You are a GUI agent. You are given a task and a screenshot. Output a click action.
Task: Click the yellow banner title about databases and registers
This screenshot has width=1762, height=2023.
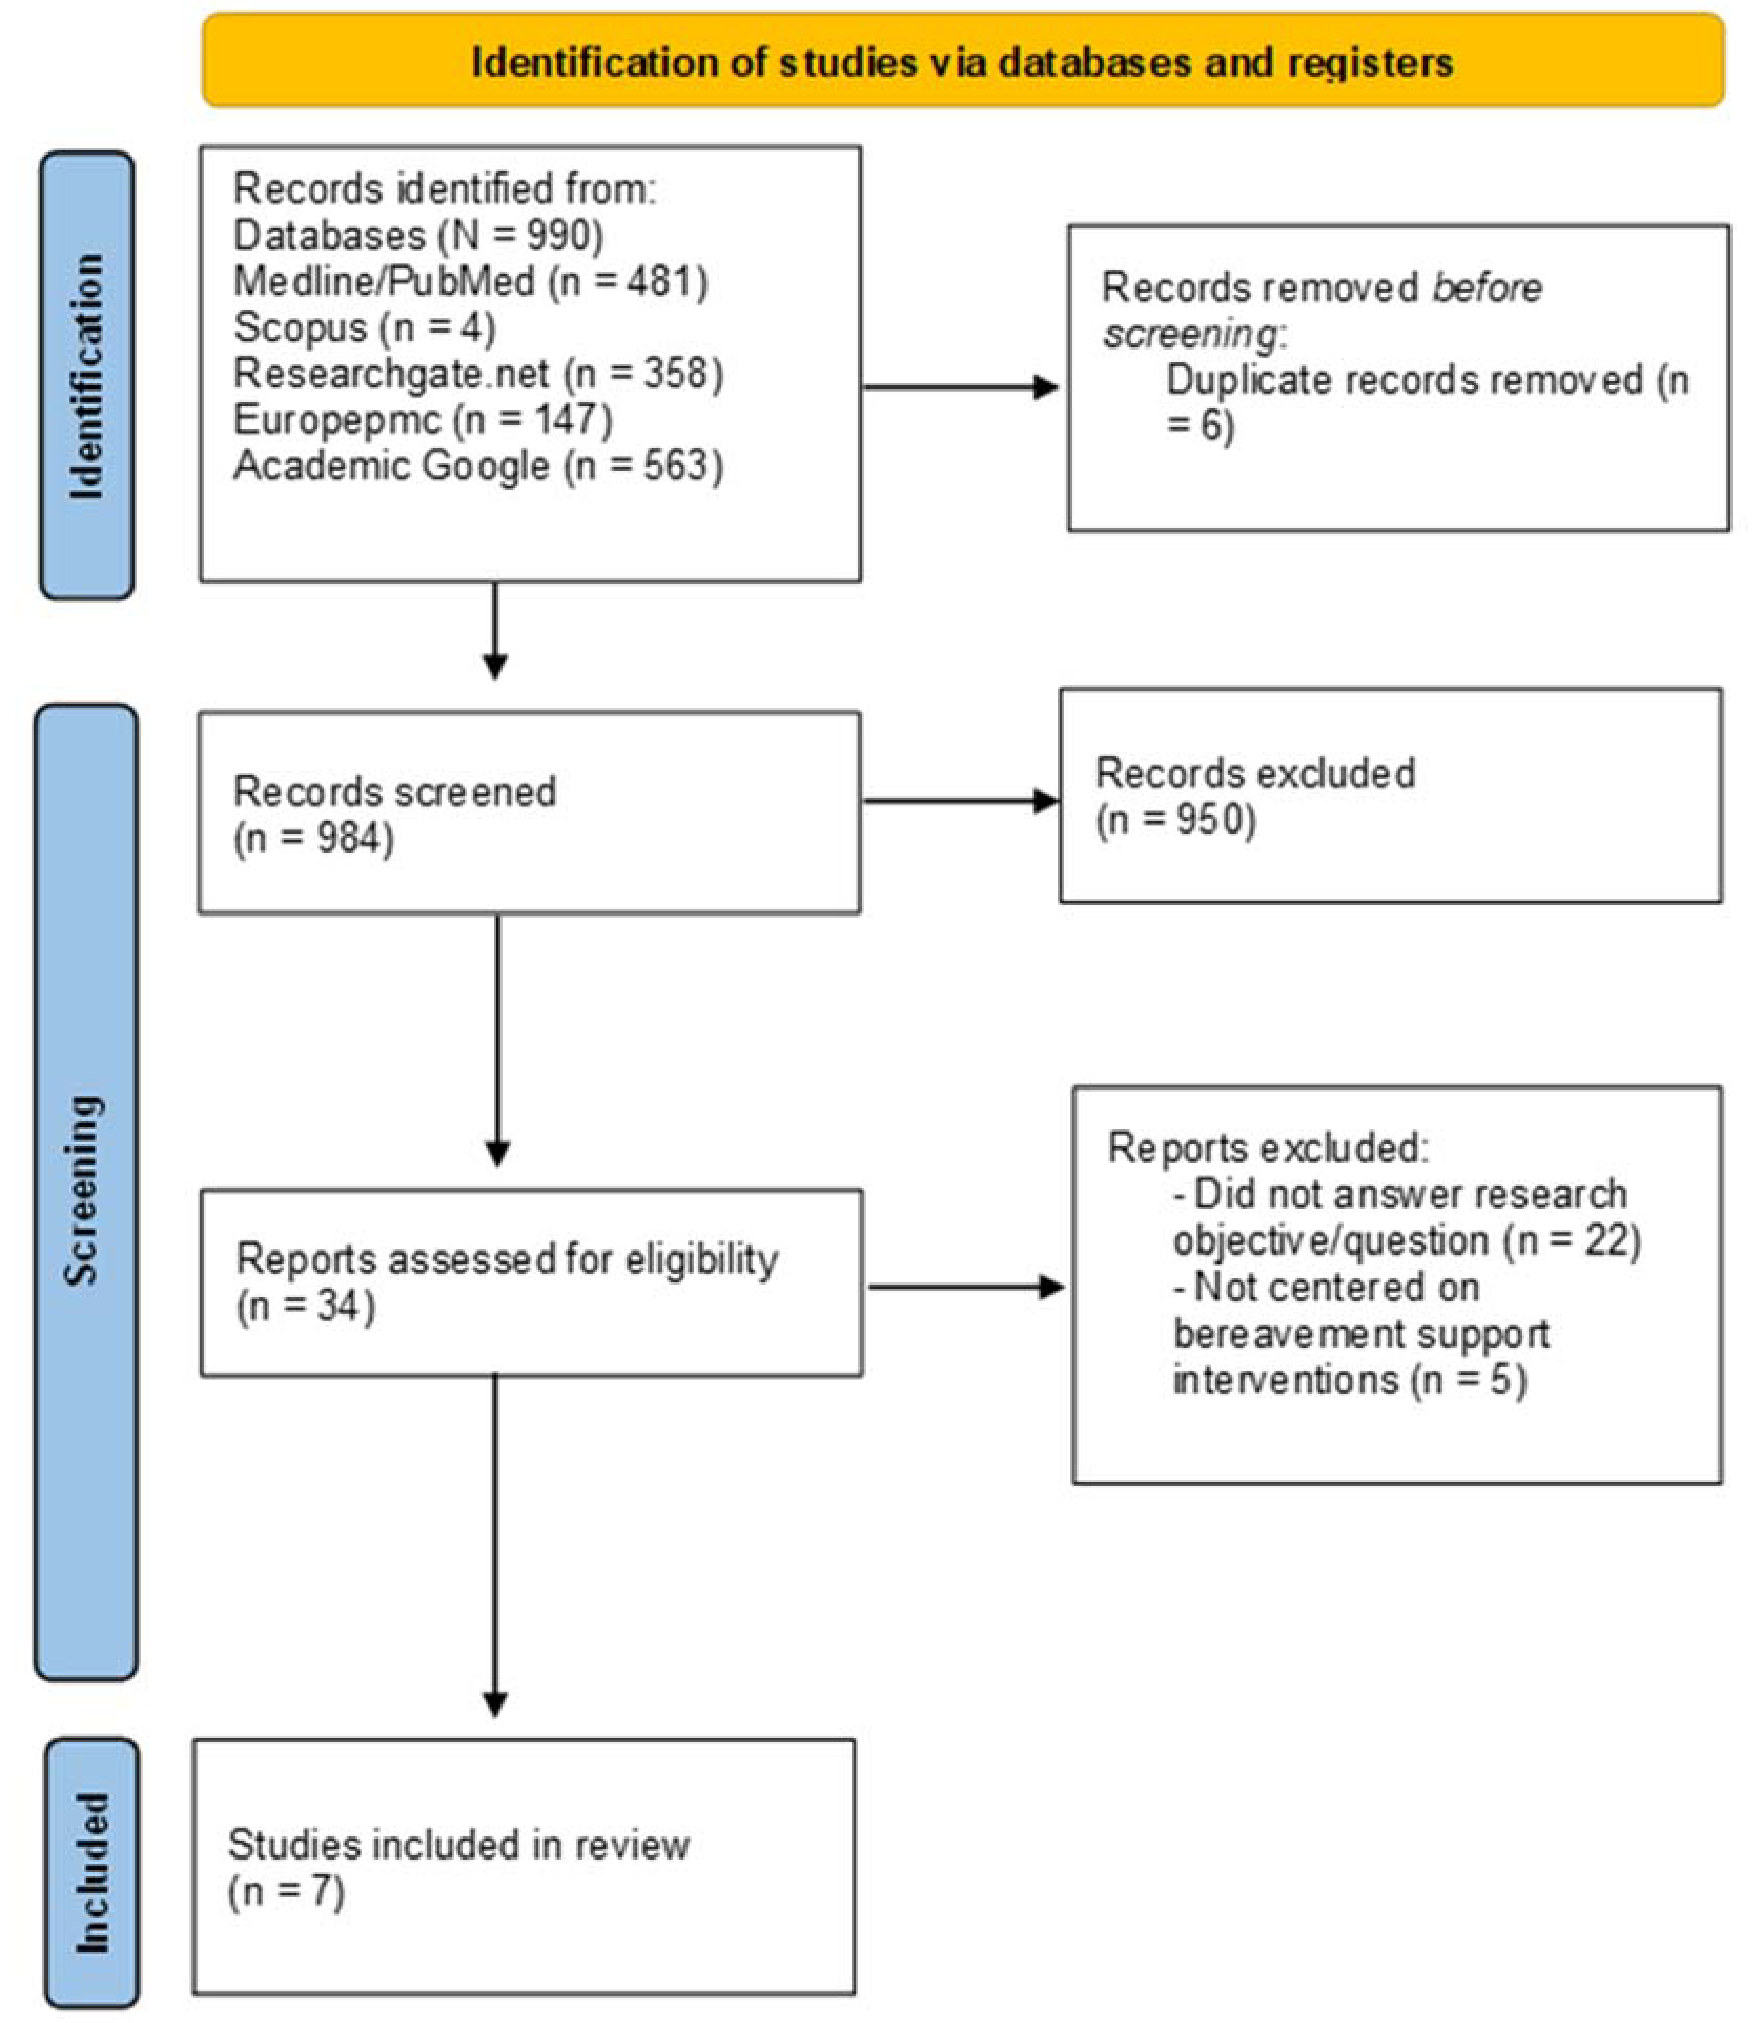(x=961, y=62)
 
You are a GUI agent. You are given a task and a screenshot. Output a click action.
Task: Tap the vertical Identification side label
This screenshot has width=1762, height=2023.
(x=87, y=375)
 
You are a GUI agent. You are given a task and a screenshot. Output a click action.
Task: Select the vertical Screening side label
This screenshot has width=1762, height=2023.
(x=85, y=1189)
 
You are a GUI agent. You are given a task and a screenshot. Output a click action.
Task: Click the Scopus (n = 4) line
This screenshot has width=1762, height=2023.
(x=364, y=327)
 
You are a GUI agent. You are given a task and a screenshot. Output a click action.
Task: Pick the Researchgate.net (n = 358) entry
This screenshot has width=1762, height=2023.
(x=478, y=374)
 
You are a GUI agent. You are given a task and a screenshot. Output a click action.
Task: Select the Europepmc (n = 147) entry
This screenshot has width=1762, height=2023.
(x=423, y=420)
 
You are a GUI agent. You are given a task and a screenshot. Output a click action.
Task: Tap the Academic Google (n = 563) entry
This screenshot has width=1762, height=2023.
(x=478, y=466)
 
